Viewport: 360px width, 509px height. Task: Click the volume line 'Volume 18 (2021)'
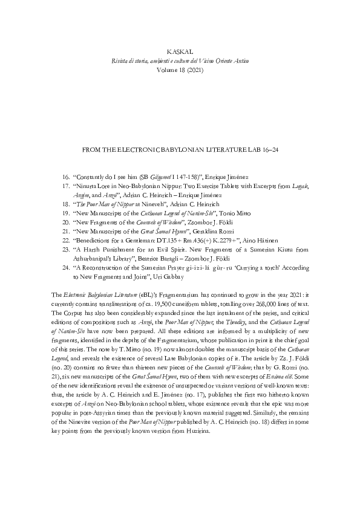click(180, 70)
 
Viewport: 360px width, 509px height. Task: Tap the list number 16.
click(66, 175)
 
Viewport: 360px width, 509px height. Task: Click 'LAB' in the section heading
click(249, 149)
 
